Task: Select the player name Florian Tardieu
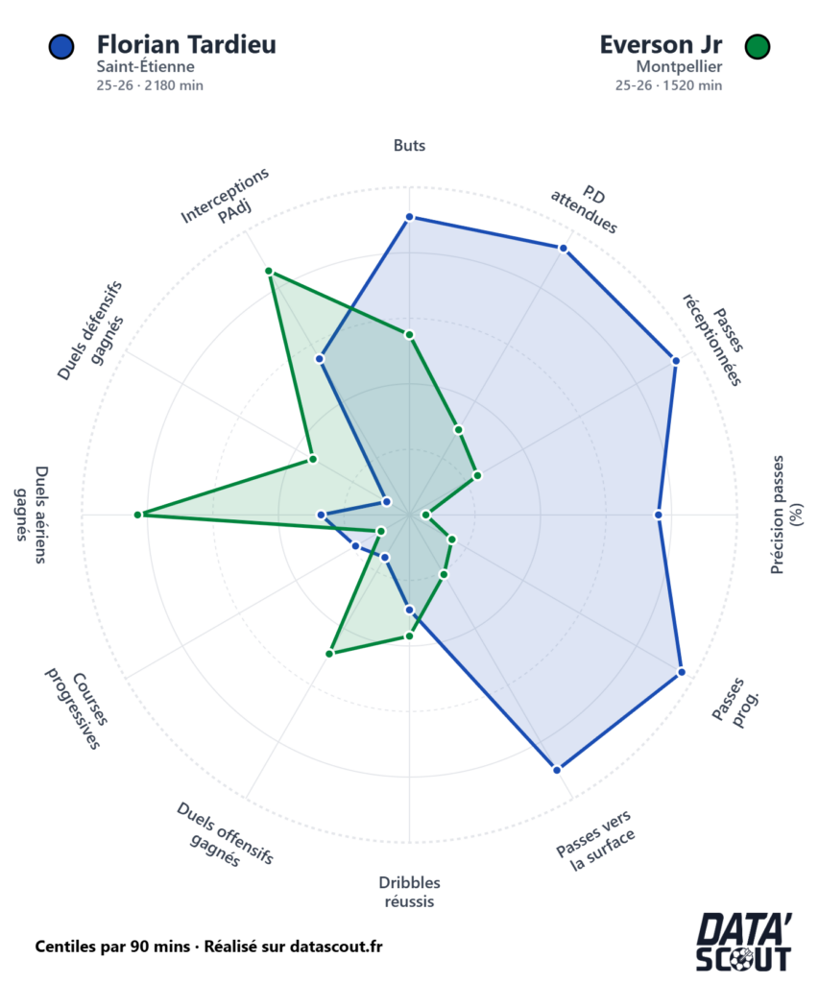186,44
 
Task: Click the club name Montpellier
679,66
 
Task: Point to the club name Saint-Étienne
145,66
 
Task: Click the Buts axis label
409,146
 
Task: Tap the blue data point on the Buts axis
409,218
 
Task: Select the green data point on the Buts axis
409,334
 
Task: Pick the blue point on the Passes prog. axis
681,672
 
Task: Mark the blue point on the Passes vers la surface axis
558,768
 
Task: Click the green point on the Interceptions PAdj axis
270,274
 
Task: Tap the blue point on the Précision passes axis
659,515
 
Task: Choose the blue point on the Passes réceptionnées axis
676,361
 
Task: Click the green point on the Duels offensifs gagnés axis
329,654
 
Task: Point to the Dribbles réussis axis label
409,892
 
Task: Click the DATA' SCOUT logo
743,943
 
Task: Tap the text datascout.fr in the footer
325,947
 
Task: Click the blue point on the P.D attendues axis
564,249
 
